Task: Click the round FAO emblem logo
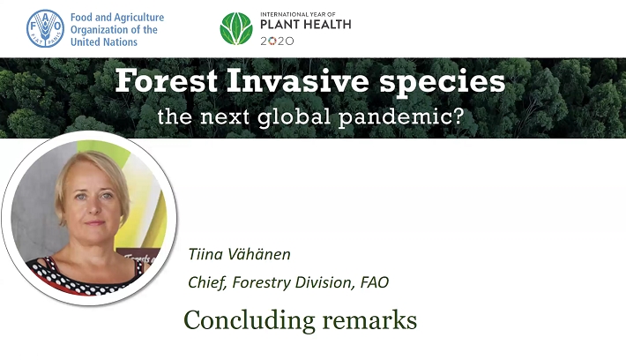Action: click(45, 28)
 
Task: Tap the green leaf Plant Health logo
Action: click(236, 28)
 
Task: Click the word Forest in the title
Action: click(166, 80)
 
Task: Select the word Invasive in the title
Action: click(297, 80)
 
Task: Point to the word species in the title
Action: click(443, 83)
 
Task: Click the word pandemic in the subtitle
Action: click(401, 116)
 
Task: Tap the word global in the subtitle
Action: click(294, 116)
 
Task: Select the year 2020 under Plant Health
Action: click(277, 41)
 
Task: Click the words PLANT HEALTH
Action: click(306, 25)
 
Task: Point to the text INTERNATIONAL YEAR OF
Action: click(298, 14)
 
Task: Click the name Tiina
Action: click(204, 254)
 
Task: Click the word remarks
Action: click(369, 320)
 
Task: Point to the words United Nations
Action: click(104, 42)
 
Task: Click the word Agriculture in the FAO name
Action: click(138, 18)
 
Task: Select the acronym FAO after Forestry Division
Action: click(375, 282)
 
